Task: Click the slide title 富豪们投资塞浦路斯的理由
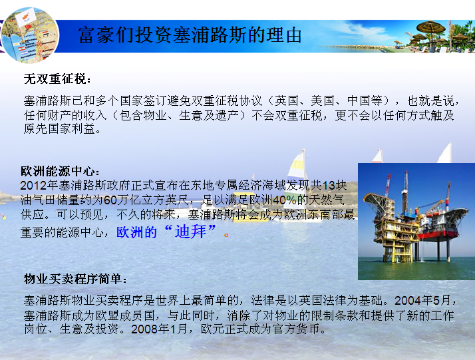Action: coord(190,35)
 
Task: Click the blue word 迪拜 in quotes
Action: coord(190,232)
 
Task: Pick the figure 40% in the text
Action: coord(285,200)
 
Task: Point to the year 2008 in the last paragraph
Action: coord(144,329)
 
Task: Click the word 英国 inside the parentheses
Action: coord(286,100)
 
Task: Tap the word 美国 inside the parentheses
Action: coord(322,100)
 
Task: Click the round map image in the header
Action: coord(30,35)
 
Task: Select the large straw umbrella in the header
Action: coord(431,28)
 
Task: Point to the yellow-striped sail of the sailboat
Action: coord(296,173)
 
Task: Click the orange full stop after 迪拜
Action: coord(226,234)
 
